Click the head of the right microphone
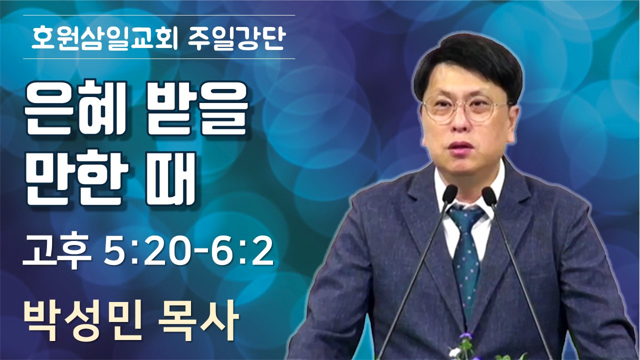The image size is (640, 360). click(489, 195)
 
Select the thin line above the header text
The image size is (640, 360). click(159, 15)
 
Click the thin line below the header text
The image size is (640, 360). click(159, 59)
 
